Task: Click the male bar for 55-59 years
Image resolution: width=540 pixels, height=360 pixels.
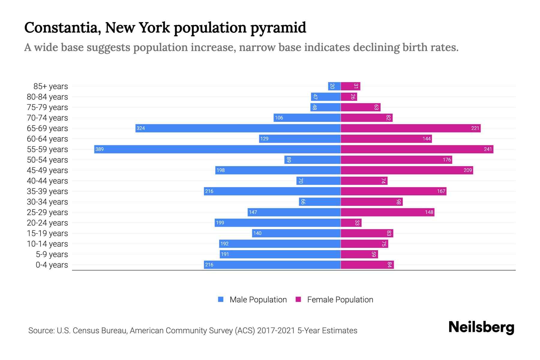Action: (217, 149)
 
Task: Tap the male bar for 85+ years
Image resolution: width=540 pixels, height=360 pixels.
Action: (334, 86)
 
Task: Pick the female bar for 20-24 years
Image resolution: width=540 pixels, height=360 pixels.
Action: (351, 223)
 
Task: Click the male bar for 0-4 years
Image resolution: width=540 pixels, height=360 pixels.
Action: (272, 265)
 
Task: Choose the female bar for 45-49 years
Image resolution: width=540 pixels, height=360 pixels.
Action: (406, 170)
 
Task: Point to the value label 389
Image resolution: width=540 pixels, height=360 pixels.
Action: (99, 149)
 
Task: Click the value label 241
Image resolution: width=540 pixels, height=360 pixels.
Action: (488, 149)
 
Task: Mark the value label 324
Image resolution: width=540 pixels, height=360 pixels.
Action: (141, 128)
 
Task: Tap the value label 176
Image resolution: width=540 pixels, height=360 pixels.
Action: (447, 160)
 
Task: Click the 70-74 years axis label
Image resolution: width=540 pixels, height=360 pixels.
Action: (47, 118)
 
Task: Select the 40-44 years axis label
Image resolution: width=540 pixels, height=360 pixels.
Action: (47, 181)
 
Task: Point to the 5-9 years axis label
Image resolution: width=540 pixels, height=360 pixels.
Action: (52, 254)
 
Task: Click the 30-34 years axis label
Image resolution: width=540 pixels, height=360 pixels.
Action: (47, 202)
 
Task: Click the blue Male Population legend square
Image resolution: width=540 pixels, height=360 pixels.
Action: (221, 299)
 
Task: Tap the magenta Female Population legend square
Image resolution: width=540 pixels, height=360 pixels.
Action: (298, 299)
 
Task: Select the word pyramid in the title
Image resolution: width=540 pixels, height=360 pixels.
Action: (278, 28)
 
